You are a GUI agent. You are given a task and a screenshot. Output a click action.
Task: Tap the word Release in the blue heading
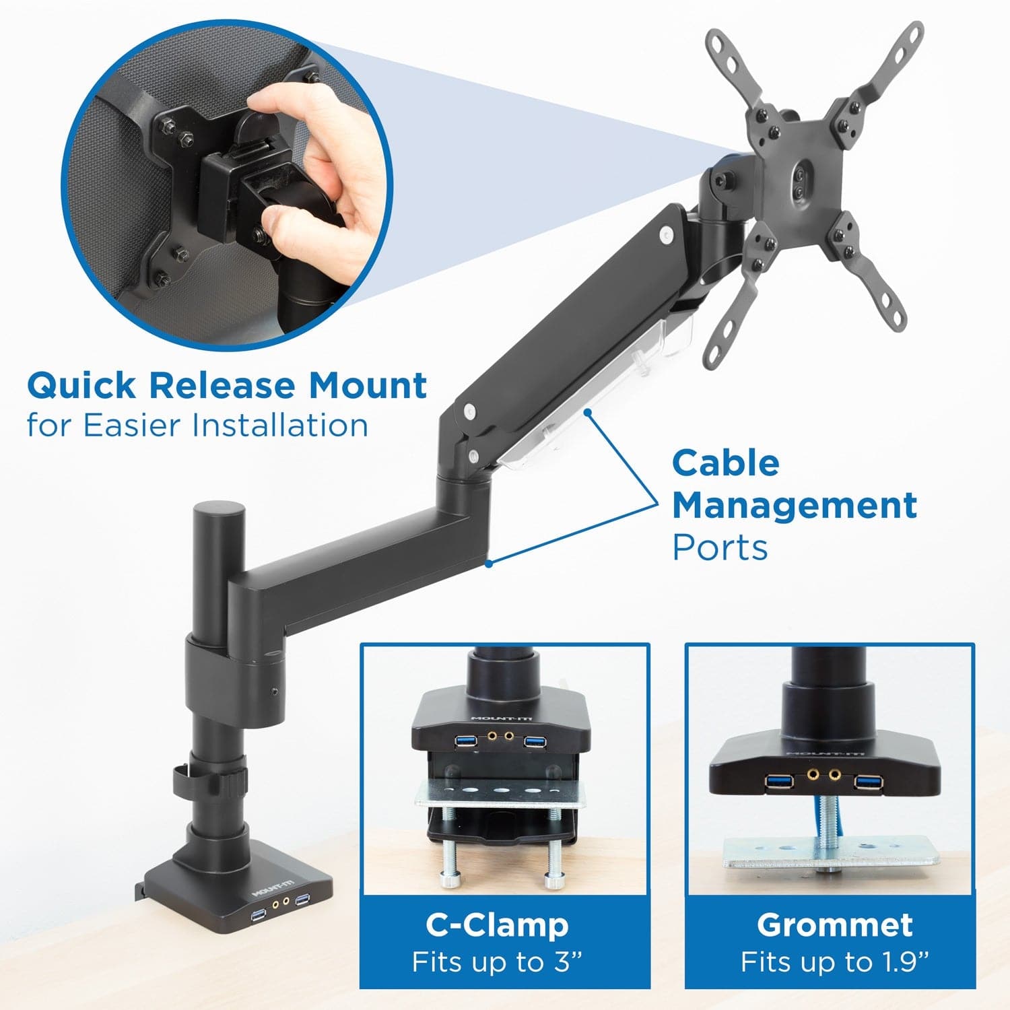[222, 385]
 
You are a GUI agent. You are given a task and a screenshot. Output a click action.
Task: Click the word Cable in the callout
[726, 463]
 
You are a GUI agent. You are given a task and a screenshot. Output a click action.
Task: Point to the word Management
[795, 506]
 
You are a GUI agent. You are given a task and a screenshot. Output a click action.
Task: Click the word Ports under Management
[720, 547]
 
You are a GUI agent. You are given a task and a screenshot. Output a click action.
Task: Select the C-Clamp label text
[497, 925]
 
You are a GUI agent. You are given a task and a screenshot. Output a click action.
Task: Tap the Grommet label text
[834, 925]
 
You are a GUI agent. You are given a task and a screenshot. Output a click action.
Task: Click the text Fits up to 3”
[497, 962]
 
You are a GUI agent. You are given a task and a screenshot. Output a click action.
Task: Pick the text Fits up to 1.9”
[834, 962]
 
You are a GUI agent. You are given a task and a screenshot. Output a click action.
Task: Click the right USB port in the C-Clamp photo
[535, 742]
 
